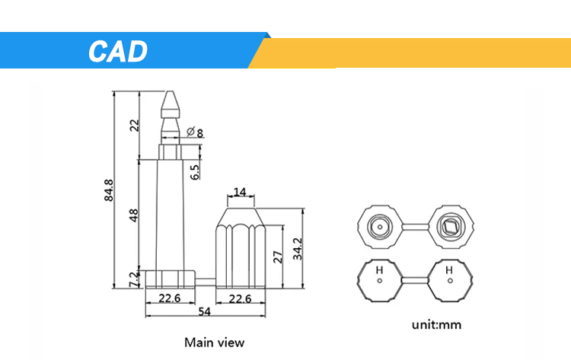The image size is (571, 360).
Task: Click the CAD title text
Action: coord(117,51)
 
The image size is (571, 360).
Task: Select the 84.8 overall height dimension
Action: coord(109,190)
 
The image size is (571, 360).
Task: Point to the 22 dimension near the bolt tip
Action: coord(135,126)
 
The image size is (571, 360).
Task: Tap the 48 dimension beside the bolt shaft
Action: coord(135,215)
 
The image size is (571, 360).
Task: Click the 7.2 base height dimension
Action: coord(135,279)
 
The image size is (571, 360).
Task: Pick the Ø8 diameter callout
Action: coord(194,133)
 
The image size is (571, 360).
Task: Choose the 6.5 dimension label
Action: coord(195,172)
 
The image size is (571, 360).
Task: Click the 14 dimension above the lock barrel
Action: coord(240,193)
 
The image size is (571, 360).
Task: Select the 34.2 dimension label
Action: coord(298,248)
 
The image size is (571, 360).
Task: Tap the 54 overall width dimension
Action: coord(205,312)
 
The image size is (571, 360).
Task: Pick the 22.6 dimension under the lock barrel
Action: coord(241,298)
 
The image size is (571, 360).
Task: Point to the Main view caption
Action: coord(214,342)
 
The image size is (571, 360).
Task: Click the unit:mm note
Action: coord(436,325)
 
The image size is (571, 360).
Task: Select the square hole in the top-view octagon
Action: coord(449,225)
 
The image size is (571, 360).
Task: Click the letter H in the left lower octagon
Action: coord(378,269)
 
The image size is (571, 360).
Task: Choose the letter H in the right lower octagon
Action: coord(449,269)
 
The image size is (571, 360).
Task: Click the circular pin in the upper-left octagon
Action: coord(378,225)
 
